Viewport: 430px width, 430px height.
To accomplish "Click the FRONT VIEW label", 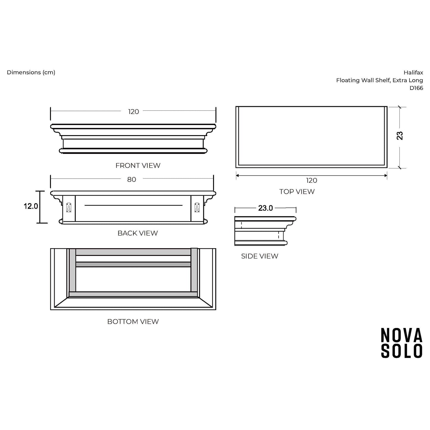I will coord(138,165).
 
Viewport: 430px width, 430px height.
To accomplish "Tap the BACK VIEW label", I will coord(137,233).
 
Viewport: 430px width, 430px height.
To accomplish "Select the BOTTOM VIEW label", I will coord(133,321).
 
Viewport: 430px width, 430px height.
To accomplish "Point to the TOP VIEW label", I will coord(297,191).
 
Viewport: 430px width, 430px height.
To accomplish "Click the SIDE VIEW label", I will coord(259,256).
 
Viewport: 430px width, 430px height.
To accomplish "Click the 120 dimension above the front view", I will coord(134,112).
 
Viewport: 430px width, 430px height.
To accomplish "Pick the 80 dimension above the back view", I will coord(132,179).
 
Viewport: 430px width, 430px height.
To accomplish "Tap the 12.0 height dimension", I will coord(31,206).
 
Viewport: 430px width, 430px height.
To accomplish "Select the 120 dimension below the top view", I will coord(312,180).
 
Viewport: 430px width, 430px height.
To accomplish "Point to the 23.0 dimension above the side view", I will coord(265,208).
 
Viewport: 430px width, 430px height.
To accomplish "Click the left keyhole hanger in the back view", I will coord(69,208).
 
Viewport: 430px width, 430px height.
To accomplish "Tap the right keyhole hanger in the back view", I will coord(197,208).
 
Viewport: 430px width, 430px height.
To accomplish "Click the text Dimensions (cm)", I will coord(31,72).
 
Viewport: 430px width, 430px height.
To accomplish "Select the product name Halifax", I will coord(413,72).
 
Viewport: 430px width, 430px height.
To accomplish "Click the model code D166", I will coord(416,88).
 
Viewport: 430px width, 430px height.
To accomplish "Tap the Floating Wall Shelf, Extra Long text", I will coord(379,80).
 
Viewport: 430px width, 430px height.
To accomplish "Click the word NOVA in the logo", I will coord(402,335).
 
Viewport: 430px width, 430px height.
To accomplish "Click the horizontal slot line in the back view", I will coord(133,205).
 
